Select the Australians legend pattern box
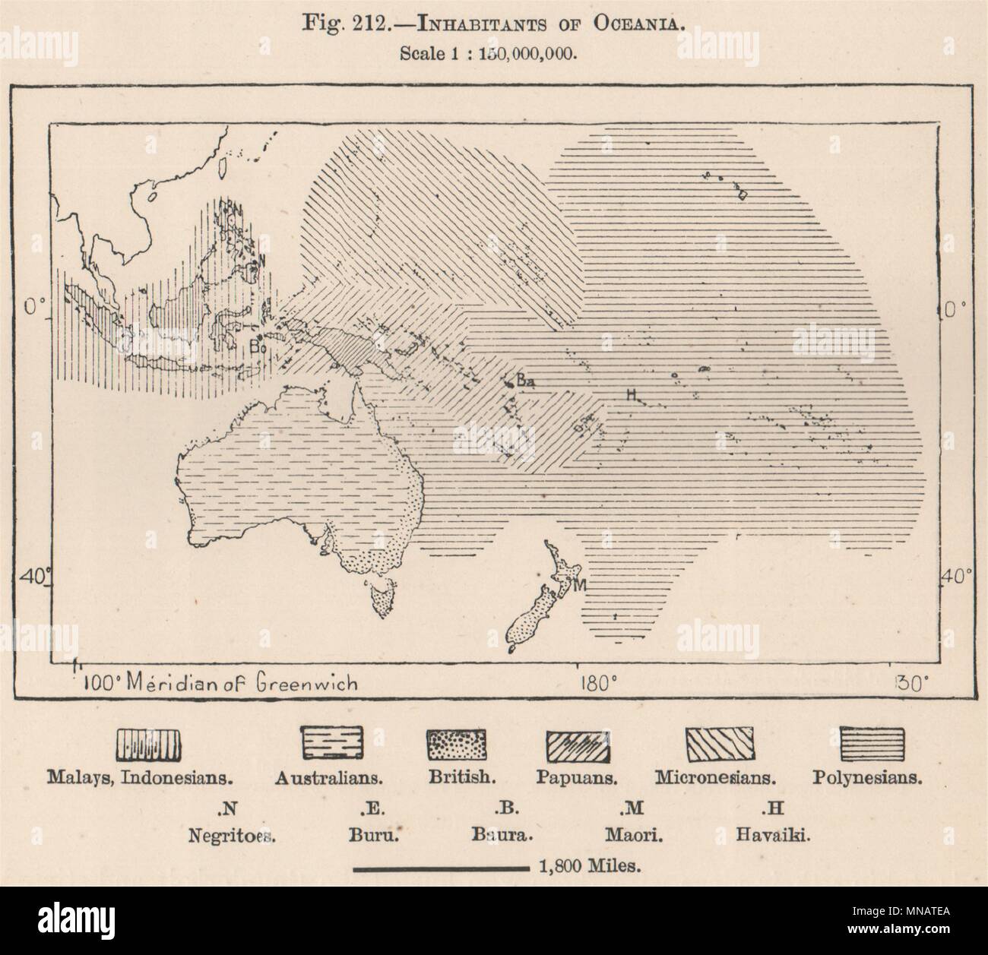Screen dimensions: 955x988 [333, 742]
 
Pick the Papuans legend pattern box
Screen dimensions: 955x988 [578, 745]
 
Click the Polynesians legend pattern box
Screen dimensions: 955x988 [873, 742]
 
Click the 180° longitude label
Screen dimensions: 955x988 [597, 682]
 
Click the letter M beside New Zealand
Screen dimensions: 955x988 [581, 585]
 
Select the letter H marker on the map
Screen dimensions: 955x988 [630, 394]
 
